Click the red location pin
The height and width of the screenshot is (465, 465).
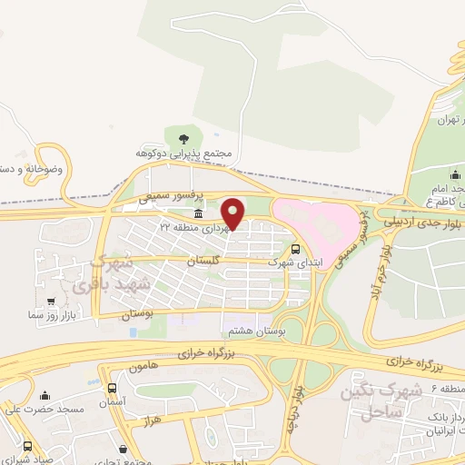click(233, 213)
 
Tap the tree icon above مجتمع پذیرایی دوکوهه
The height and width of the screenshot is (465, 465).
click(184, 139)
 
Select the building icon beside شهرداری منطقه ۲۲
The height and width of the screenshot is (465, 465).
click(199, 212)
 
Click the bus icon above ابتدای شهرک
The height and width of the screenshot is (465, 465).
click(296, 247)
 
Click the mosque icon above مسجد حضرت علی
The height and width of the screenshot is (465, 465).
click(45, 395)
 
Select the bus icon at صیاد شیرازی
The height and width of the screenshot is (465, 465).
click(27, 447)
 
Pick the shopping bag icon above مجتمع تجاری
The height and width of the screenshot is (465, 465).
click(123, 448)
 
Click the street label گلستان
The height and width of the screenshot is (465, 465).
click(203, 261)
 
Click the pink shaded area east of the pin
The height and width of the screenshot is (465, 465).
click(313, 223)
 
